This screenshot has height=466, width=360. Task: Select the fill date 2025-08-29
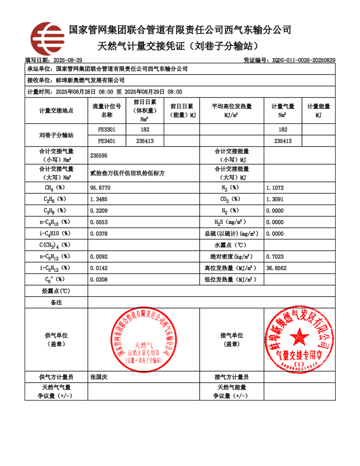[x=67, y=60]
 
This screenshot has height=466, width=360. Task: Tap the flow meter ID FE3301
[x=107, y=130]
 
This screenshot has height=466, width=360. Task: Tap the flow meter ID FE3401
[x=107, y=141]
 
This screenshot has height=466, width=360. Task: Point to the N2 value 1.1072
[x=275, y=188]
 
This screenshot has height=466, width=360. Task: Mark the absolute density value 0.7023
[x=275, y=256]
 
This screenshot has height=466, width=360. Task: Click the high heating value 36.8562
[x=276, y=268]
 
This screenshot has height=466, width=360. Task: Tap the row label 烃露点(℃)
[x=56, y=291]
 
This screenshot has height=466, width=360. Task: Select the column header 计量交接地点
[x=56, y=110]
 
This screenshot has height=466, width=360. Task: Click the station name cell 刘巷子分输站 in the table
[x=56, y=135]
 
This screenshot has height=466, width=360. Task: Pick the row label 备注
[x=56, y=302]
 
